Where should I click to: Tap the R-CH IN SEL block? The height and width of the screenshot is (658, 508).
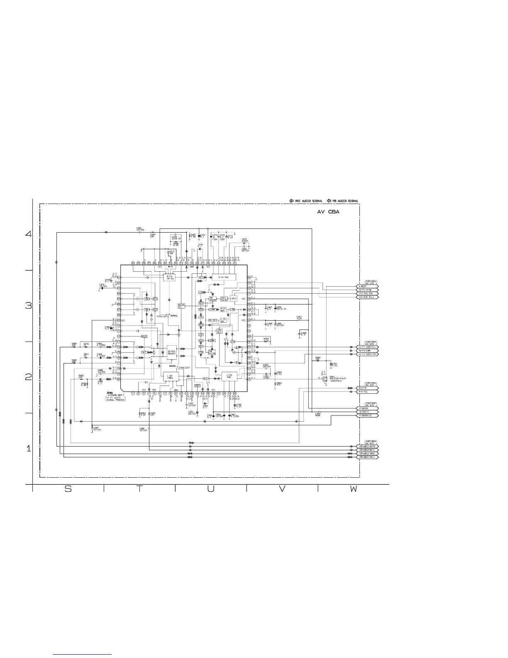tap(169, 277)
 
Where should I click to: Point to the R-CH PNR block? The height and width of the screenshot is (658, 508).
tap(224, 277)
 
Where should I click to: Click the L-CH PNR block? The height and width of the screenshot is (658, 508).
tap(229, 377)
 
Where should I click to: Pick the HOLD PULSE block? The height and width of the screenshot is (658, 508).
tap(224, 299)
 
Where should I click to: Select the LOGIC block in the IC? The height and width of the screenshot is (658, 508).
tap(233, 298)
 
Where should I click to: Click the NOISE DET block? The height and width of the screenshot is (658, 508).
tap(181, 306)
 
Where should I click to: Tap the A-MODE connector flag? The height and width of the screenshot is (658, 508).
tap(368, 287)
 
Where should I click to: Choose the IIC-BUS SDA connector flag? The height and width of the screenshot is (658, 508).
tap(368, 293)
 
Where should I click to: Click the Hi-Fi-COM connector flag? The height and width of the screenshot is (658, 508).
tap(368, 350)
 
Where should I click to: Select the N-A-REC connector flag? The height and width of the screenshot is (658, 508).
tap(368, 391)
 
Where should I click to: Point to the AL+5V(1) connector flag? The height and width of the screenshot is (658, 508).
tap(368, 412)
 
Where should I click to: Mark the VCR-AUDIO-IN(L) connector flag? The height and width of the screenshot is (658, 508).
tap(368, 457)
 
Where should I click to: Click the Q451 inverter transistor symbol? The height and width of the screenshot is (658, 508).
tap(325, 378)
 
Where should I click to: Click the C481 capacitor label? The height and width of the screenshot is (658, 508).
tap(139, 228)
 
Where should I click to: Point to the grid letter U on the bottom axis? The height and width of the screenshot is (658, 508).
tap(211, 489)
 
